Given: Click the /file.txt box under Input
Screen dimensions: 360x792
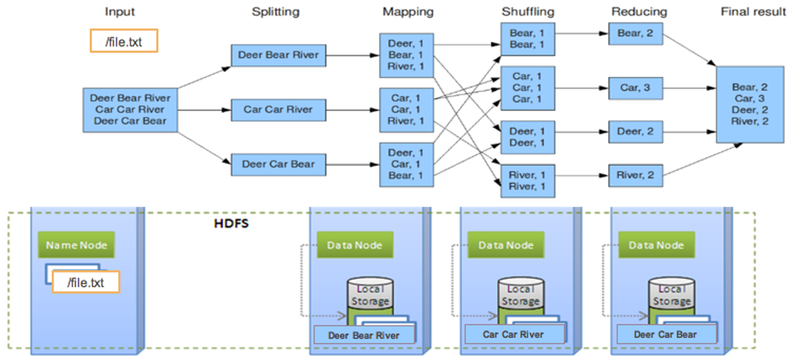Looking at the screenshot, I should click(x=124, y=41).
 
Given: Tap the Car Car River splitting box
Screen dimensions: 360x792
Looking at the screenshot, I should click(x=278, y=110).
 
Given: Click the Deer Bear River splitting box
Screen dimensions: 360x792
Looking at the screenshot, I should click(x=278, y=55).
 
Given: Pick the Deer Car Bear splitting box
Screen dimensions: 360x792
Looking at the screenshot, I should click(x=278, y=164).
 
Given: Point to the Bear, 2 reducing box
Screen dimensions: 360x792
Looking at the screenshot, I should click(x=635, y=33).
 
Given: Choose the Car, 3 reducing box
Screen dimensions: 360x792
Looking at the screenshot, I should click(x=635, y=88).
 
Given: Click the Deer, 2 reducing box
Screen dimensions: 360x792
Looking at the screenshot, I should click(x=635, y=132).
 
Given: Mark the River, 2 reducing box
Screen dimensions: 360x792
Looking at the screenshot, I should click(x=635, y=176).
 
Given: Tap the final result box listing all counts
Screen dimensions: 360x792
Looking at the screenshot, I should click(x=750, y=104).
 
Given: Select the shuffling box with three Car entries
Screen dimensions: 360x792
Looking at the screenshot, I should click(x=527, y=88).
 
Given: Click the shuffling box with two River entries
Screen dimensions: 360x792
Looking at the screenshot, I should click(x=527, y=181).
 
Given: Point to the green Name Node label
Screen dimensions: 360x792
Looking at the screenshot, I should click(x=76, y=245).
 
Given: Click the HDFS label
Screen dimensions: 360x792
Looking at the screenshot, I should click(x=231, y=224).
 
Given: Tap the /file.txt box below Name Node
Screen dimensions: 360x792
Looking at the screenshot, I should click(x=86, y=283).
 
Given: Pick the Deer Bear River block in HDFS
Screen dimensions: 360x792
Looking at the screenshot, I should click(x=364, y=335).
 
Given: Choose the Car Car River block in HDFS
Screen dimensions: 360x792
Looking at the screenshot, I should click(x=513, y=334).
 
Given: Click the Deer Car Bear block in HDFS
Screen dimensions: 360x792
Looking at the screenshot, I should click(x=665, y=334).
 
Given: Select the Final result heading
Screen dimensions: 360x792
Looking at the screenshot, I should click(x=753, y=11).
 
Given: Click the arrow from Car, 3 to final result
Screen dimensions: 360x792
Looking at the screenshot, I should click(x=689, y=89).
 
